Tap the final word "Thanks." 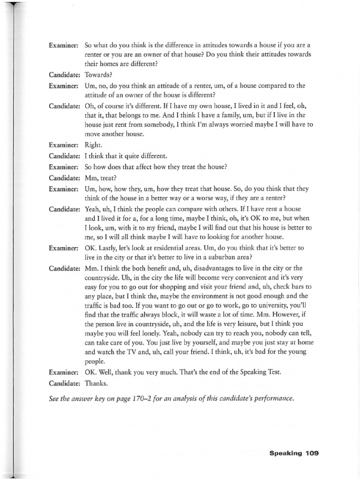pyautogui.click(x=97, y=383)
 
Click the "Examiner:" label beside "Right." pyautogui.click(x=63, y=145)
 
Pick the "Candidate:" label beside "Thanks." pyautogui.click(x=64, y=383)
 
